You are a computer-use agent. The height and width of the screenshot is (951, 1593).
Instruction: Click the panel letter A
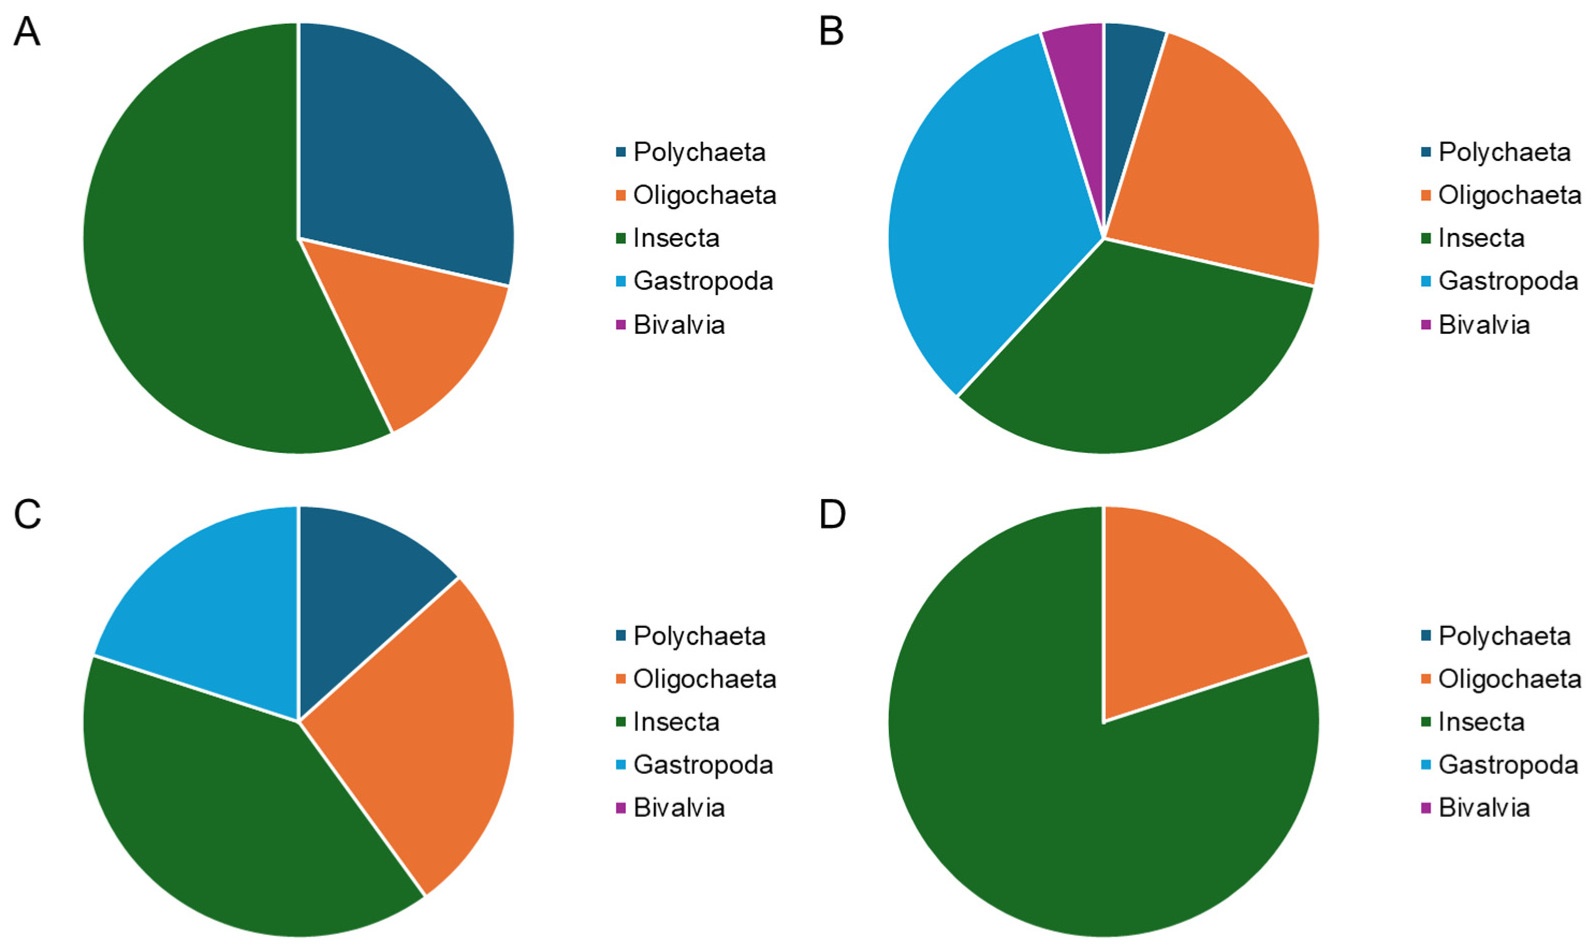click(x=27, y=31)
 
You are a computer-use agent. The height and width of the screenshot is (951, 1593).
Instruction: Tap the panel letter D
click(x=832, y=515)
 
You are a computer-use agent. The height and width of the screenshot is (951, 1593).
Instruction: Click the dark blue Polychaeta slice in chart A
click(x=404, y=147)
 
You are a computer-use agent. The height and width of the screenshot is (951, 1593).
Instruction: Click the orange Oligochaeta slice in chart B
click(x=1218, y=160)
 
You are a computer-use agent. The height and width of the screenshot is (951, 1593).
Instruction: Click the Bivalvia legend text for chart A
click(x=679, y=324)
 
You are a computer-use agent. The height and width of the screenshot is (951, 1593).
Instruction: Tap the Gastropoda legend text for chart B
click(x=1507, y=281)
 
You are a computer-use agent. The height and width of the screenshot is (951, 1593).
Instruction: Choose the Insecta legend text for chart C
click(x=676, y=722)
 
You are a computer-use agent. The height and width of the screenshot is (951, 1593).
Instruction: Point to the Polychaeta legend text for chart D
click(x=1504, y=636)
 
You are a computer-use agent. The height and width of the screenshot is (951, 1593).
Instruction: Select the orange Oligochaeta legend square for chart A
click(x=620, y=195)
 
